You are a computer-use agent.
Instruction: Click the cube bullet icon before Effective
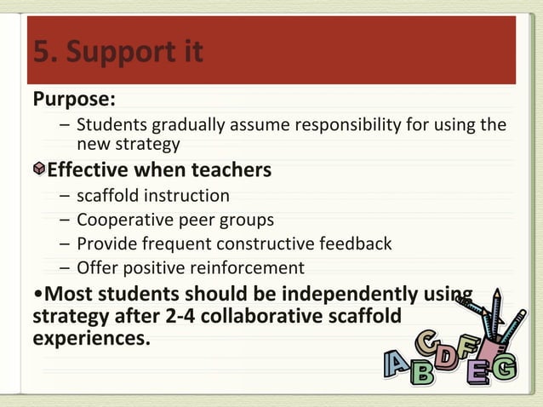(x=38, y=170)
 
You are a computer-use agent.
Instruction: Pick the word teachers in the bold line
(x=231, y=170)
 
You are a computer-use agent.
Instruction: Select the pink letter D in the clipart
(x=443, y=358)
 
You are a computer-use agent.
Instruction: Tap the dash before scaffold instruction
(x=65, y=196)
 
